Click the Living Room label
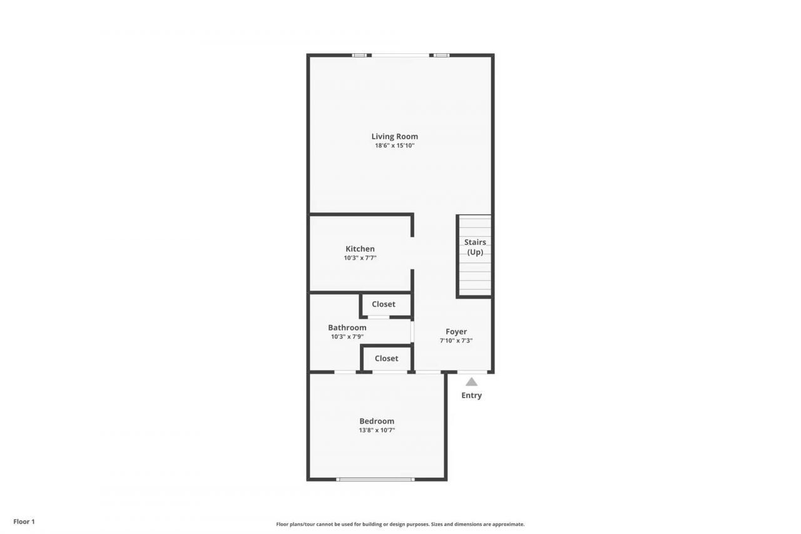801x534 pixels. [x=394, y=136]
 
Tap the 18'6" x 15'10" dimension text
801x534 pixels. [x=394, y=146]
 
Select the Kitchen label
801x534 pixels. [x=360, y=249]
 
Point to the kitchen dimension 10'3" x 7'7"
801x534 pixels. [x=360, y=258]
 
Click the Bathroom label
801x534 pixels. [x=347, y=327]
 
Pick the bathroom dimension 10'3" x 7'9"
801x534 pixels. [x=347, y=337]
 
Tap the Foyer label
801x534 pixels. [x=456, y=332]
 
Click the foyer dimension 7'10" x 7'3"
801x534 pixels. [x=456, y=341]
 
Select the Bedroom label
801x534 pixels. [x=377, y=421]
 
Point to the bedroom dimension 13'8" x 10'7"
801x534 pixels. [x=377, y=431]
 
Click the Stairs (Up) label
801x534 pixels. [x=475, y=247]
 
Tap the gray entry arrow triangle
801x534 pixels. [x=471, y=381]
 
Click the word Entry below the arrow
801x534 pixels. [x=471, y=396]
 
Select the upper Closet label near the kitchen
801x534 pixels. [x=384, y=304]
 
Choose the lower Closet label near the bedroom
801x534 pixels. [x=386, y=359]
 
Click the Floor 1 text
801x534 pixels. [x=24, y=521]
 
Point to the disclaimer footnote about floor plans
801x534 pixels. [x=400, y=525]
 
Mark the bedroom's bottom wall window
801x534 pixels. [x=375, y=480]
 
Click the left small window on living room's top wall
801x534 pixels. [x=359, y=55]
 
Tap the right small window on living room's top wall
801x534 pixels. [x=442, y=55]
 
